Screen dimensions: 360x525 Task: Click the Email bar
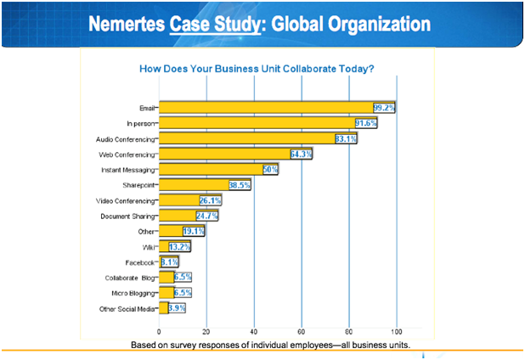coord(265,108)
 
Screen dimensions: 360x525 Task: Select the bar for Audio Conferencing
coord(246,138)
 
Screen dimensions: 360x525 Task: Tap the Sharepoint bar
coord(193,185)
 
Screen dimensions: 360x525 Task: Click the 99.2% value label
coord(384,108)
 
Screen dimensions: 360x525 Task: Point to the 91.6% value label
coord(366,123)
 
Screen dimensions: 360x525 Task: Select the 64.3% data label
coord(302,155)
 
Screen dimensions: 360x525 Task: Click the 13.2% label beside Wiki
coord(180,247)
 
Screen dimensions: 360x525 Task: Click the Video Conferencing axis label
coord(125,201)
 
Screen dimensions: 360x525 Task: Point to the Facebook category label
coord(138,262)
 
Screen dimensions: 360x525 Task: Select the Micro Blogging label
coord(133,293)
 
